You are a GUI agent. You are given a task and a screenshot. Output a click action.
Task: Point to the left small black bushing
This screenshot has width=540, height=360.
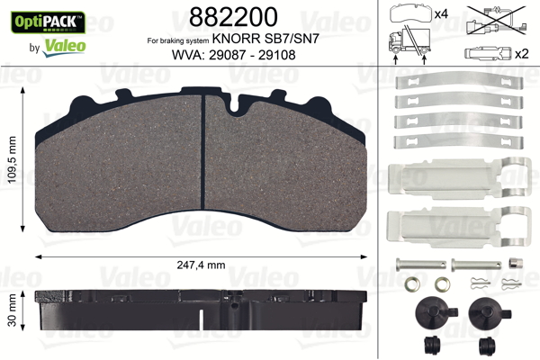(x=429, y=346)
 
